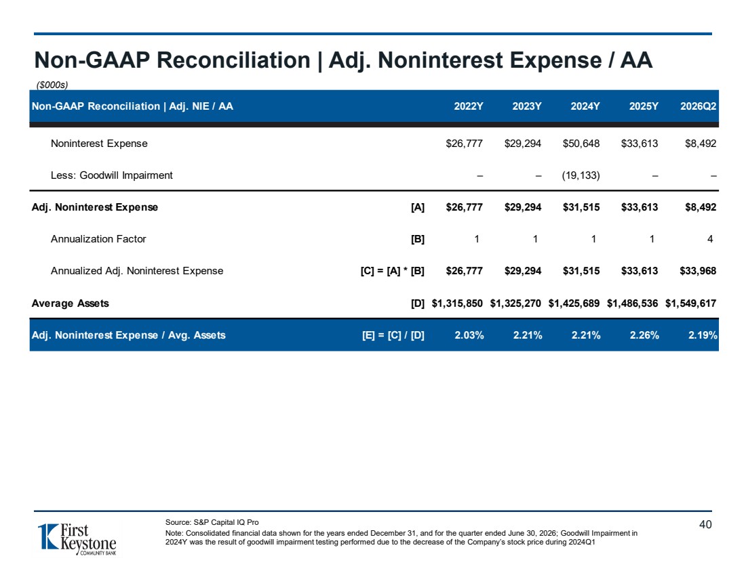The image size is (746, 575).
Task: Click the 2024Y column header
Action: pyautogui.click(x=585, y=106)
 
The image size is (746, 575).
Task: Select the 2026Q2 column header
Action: pyautogui.click(x=698, y=106)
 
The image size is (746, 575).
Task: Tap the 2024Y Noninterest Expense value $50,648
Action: pyautogui.click(x=581, y=144)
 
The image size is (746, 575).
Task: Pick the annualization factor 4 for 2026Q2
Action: pyautogui.click(x=710, y=239)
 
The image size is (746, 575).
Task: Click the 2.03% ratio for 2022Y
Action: pyautogui.click(x=469, y=335)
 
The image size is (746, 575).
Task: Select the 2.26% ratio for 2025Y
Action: pyautogui.click(x=644, y=335)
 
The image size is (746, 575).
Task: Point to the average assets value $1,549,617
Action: pyautogui.click(x=690, y=303)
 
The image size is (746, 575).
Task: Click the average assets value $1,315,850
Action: pyautogui.click(x=456, y=303)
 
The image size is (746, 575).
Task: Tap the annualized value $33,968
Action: pyautogui.click(x=698, y=271)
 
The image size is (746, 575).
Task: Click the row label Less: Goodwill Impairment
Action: pyautogui.click(x=112, y=175)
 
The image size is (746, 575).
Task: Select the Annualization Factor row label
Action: pyautogui.click(x=98, y=239)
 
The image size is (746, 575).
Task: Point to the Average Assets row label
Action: pyautogui.click(x=71, y=303)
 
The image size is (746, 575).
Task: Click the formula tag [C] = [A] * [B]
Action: pyautogui.click(x=393, y=271)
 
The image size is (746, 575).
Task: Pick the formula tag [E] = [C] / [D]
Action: pyautogui.click(x=393, y=335)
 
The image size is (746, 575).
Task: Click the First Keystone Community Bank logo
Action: pyautogui.click(x=77, y=539)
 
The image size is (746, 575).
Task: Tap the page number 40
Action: pyautogui.click(x=705, y=524)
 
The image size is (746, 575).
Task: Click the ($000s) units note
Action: pyautogui.click(x=52, y=85)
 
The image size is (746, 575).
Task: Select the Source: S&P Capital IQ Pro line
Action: pyautogui.click(x=212, y=522)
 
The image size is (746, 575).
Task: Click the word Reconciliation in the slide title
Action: pyautogui.click(x=233, y=60)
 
